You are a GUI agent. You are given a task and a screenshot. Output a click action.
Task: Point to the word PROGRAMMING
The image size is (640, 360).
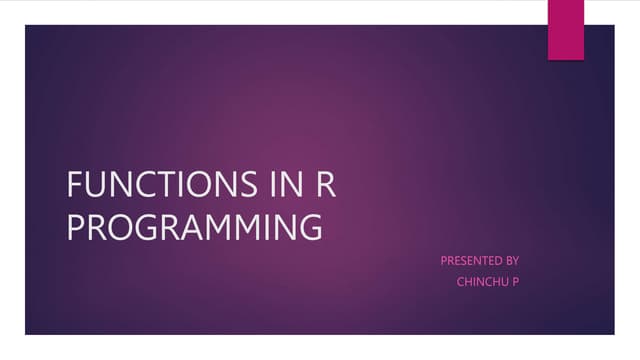click(195, 227)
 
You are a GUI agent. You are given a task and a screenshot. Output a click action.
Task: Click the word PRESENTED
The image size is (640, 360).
click(471, 261)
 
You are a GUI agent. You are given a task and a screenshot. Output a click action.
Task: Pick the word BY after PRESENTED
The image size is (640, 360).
click(512, 261)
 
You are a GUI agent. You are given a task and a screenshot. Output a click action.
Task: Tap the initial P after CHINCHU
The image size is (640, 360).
click(515, 281)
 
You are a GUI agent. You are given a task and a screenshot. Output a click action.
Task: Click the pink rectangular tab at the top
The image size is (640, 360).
click(565, 29)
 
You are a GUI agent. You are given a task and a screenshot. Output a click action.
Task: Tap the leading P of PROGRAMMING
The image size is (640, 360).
click(74, 227)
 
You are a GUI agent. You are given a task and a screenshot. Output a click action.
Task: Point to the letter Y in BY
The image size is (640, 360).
click(516, 261)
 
